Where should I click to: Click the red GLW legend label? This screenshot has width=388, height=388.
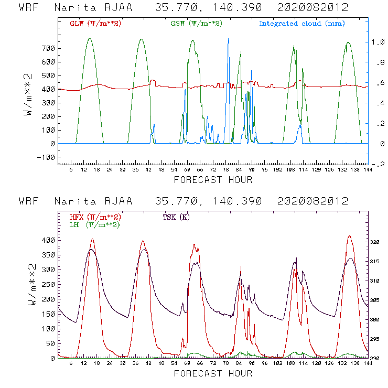tap(95, 24)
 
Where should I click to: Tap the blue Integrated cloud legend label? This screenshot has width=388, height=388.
tap(302, 24)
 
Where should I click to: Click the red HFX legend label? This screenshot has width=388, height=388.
tap(95, 217)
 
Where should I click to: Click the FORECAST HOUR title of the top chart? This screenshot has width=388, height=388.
tap(213, 180)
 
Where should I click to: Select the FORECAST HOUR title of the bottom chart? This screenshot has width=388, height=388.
tap(213, 373)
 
